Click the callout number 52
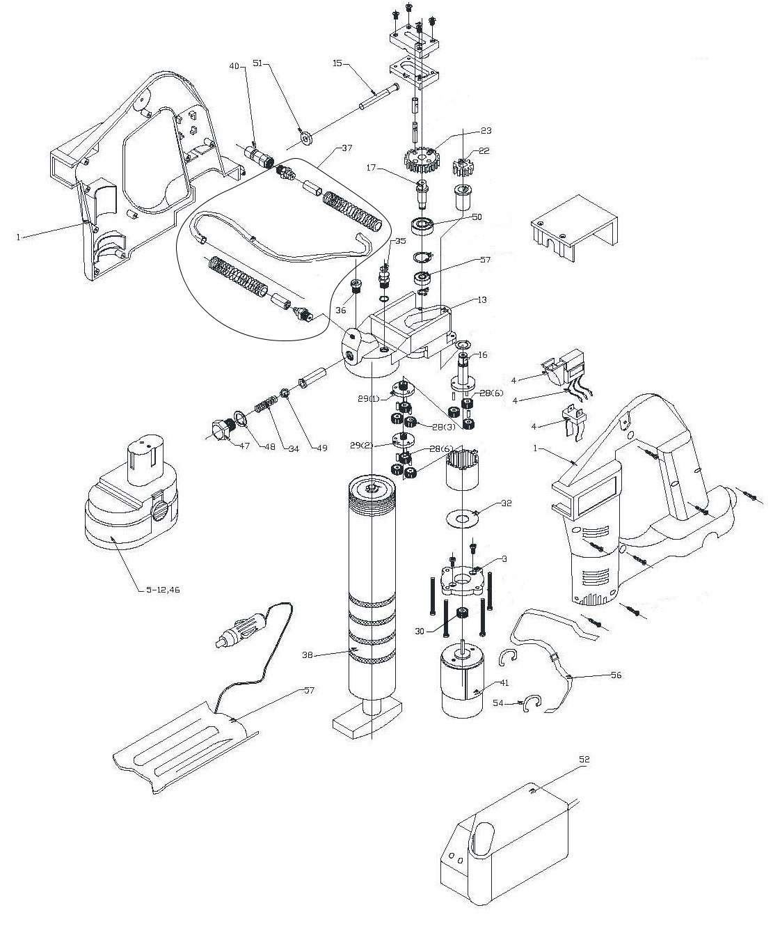[x=584, y=759]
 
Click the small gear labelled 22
[x=463, y=169]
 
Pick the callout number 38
[x=308, y=654]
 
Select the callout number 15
[x=337, y=64]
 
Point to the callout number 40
[x=234, y=66]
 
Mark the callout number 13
[x=481, y=300]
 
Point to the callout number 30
[x=419, y=632]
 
